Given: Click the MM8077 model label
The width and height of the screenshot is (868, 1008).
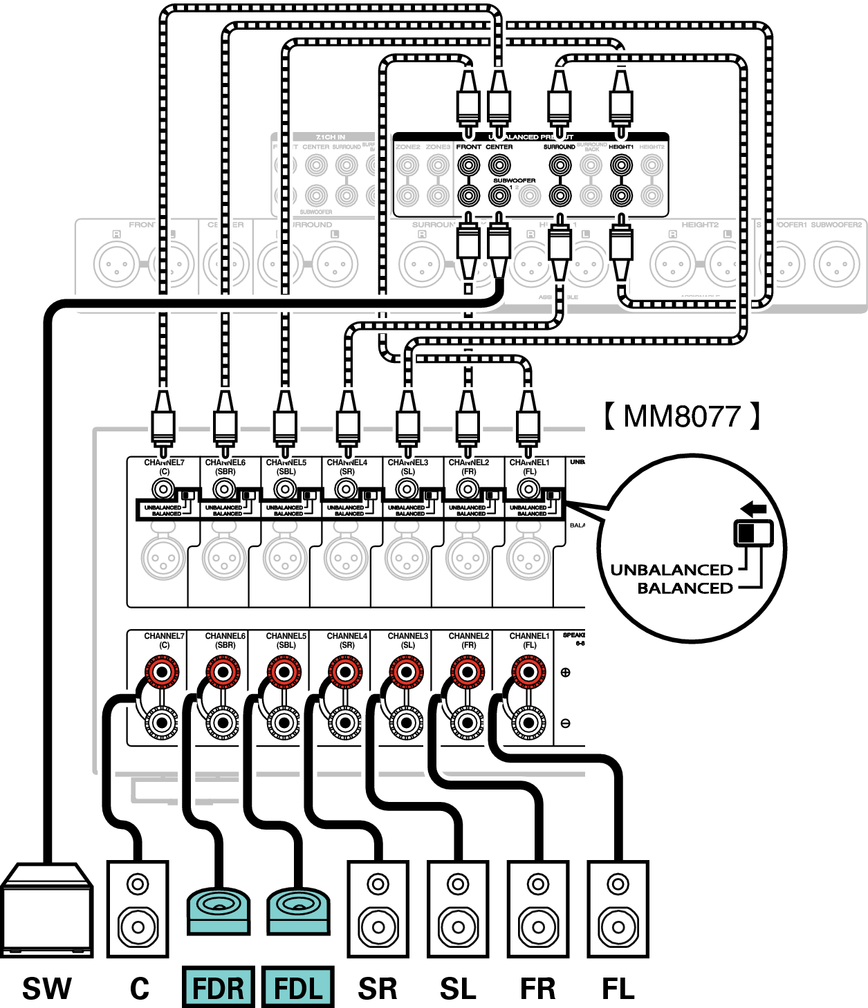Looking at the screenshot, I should pyautogui.click(x=682, y=416).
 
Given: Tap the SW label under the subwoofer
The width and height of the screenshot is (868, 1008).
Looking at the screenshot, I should pyautogui.click(x=46, y=988).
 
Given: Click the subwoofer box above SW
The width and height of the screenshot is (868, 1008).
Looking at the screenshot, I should pyautogui.click(x=47, y=909).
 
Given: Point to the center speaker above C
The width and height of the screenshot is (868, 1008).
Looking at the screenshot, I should pyautogui.click(x=137, y=909).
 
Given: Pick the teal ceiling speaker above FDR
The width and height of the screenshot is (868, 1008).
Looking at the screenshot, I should pyautogui.click(x=219, y=909).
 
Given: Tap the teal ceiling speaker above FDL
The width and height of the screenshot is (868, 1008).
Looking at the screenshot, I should pyautogui.click(x=299, y=909).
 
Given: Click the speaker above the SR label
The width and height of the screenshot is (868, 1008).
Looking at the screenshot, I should pyautogui.click(x=378, y=909).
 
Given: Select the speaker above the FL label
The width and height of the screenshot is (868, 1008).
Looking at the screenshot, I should pyautogui.click(x=618, y=909).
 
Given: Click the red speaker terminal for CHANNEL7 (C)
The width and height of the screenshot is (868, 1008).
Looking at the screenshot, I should pyautogui.click(x=162, y=671).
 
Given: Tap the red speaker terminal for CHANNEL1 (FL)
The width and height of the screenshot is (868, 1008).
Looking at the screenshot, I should pyautogui.click(x=528, y=671).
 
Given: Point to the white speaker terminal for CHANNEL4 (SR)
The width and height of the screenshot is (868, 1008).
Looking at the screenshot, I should pyautogui.click(x=344, y=723).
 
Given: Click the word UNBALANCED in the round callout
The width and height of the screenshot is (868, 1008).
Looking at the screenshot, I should pyautogui.click(x=671, y=570).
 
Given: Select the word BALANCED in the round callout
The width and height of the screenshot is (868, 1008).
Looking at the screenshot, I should pyautogui.click(x=685, y=588).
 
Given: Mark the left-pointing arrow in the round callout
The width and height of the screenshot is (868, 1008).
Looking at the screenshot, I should pyautogui.click(x=753, y=510).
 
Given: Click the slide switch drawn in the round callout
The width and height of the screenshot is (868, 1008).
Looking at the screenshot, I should pyautogui.click(x=753, y=533).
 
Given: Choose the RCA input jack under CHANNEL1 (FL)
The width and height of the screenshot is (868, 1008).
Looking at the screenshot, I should pyautogui.click(x=529, y=489).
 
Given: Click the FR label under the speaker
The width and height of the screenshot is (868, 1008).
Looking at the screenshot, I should pyautogui.click(x=537, y=988).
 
